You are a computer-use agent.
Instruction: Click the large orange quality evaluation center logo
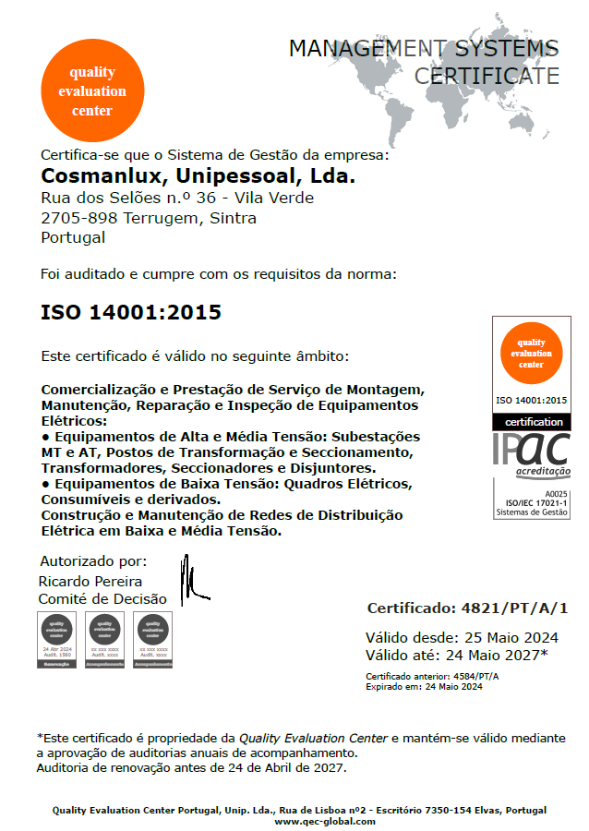coord(92,90)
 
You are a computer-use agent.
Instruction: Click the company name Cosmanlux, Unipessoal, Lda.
coord(198,175)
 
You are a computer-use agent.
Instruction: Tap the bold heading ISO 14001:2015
coord(131,312)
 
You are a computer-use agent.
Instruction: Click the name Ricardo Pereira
coord(90,581)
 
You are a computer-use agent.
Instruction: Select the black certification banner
coord(531,421)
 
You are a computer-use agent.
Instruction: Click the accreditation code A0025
coord(554,494)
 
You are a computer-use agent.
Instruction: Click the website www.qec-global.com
coord(325,821)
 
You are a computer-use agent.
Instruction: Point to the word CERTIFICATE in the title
coord(487,76)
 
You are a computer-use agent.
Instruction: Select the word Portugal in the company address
coord(73,237)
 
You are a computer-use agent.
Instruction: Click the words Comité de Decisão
coord(102,599)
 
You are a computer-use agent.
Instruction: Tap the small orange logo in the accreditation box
coord(531,353)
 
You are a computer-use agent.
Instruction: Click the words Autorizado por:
coord(93,561)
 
